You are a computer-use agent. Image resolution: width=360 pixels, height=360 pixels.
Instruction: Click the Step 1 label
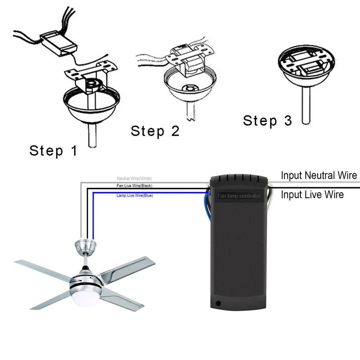(x=53, y=151)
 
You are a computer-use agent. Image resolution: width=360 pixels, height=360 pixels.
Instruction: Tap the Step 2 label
(x=155, y=131)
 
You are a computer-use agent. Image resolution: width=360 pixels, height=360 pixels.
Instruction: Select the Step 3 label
(x=267, y=121)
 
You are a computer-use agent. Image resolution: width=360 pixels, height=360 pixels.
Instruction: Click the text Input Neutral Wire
(x=319, y=175)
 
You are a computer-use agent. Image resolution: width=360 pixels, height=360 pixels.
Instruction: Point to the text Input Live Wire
(x=312, y=195)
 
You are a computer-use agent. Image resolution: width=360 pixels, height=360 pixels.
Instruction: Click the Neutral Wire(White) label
(x=134, y=178)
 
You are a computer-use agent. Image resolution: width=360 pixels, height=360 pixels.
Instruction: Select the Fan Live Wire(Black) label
(x=134, y=186)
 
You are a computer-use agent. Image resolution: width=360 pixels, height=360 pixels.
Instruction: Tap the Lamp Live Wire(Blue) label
(x=135, y=196)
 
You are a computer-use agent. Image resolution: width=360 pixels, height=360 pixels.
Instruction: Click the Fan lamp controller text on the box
(x=239, y=196)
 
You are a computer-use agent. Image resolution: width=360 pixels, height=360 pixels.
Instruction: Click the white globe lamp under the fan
(x=85, y=297)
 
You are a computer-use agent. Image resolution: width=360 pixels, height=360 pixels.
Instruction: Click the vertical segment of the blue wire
(x=93, y=216)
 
